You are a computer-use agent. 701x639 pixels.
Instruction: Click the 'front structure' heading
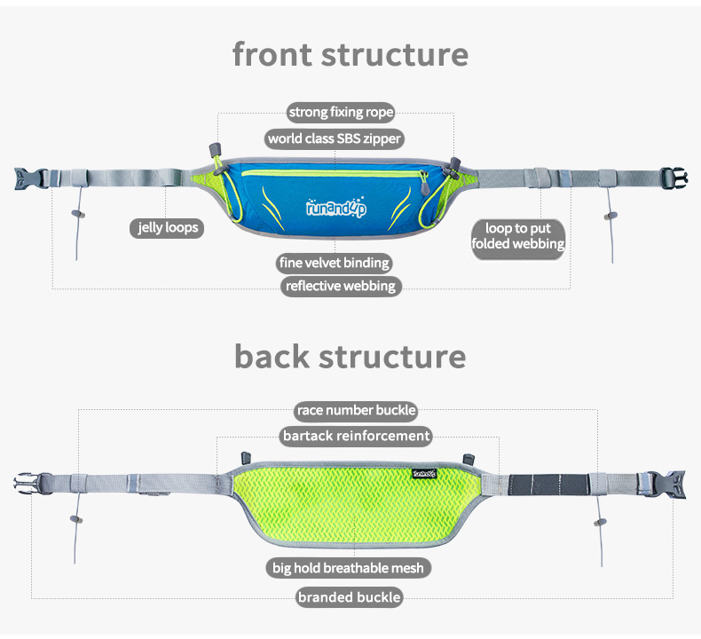(350, 54)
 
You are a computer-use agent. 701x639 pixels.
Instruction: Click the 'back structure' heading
(350, 356)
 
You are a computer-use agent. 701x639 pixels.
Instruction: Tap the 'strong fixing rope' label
(341, 113)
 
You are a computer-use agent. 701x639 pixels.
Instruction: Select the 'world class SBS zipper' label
(335, 138)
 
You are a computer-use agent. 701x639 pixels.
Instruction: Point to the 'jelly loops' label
(167, 228)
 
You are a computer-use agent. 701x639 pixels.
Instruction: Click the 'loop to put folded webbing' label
(517, 237)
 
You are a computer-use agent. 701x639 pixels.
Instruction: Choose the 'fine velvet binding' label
(334, 263)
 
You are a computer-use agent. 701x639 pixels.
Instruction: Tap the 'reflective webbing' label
(341, 286)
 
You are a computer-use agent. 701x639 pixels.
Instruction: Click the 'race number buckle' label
(356, 410)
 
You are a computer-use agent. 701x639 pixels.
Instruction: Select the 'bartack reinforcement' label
(356, 436)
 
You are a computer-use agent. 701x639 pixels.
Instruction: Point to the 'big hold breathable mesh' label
(347, 567)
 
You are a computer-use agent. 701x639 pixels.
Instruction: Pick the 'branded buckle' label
(349, 597)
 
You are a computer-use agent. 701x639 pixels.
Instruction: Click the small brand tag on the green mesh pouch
(425, 473)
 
